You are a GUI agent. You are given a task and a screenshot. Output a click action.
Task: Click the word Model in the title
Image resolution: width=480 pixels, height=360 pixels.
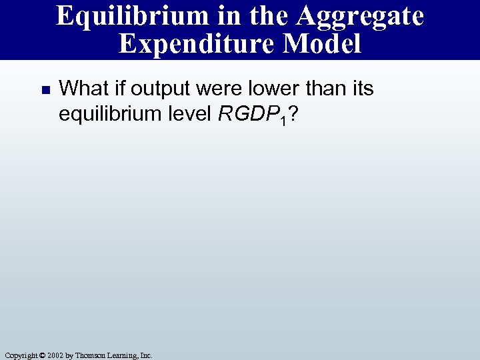[322, 44]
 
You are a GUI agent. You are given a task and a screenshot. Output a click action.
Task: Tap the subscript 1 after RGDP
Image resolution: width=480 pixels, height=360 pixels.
[283, 119]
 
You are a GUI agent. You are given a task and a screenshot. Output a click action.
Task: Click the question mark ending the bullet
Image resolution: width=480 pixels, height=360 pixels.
[293, 114]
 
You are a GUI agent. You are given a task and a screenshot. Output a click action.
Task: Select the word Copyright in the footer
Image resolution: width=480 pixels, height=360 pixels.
[19, 355]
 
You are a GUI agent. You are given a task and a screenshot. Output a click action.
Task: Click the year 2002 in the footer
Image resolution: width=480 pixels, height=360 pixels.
[55, 355]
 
